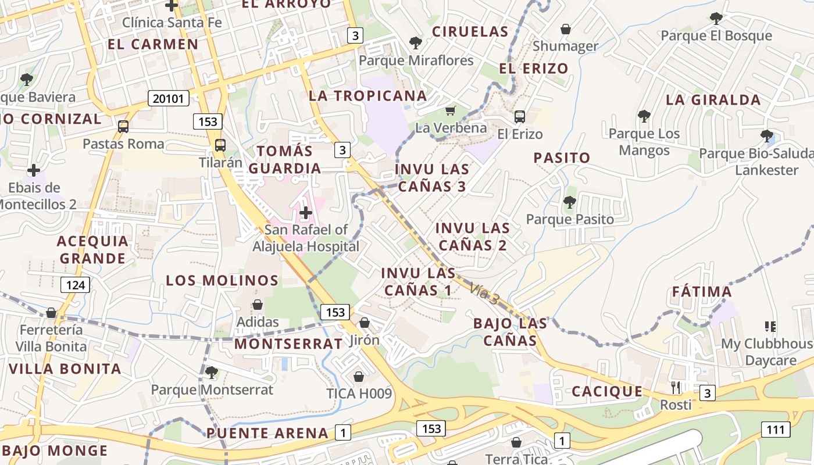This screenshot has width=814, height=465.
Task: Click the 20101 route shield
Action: click(x=169, y=98)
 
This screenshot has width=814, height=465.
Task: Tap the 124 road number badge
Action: click(x=76, y=285)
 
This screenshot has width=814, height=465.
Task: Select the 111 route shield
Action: click(x=776, y=430)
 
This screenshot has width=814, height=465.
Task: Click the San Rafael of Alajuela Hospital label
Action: click(x=306, y=238)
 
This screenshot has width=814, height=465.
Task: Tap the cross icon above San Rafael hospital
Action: click(x=306, y=213)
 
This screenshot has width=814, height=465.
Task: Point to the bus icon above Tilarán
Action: click(x=220, y=145)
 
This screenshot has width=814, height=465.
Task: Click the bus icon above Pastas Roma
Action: click(x=123, y=126)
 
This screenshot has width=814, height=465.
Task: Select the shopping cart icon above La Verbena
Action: click(x=450, y=110)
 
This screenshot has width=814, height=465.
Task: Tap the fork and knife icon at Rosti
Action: click(x=676, y=387)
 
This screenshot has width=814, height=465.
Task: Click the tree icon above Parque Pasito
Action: click(x=570, y=202)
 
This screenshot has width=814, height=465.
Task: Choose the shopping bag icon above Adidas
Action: click(x=258, y=305)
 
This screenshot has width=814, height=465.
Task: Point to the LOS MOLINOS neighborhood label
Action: click(x=222, y=281)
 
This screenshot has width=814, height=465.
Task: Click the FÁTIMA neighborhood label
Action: click(x=702, y=292)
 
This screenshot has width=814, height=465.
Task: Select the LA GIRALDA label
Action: click(x=713, y=100)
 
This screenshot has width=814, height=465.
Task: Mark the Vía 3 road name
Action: click(x=485, y=294)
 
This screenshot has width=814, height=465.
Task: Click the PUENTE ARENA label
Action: click(x=267, y=433)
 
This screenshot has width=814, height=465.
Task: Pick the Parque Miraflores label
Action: click(x=416, y=60)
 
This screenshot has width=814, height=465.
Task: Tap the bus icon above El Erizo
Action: click(x=520, y=117)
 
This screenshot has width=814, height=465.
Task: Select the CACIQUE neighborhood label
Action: click(x=607, y=392)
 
